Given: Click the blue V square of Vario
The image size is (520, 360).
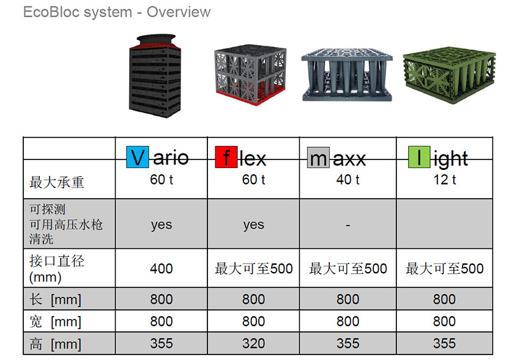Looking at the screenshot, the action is click(x=137, y=157).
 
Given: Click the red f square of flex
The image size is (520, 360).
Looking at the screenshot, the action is click(x=226, y=157).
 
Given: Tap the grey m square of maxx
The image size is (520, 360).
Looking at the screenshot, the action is click(x=318, y=158).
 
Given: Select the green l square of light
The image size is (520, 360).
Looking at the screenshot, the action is click(x=419, y=157).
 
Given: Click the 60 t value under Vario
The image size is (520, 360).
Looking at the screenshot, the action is click(x=162, y=180).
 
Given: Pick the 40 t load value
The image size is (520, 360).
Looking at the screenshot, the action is click(x=348, y=180).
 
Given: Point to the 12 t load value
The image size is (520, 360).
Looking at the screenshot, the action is click(x=445, y=180).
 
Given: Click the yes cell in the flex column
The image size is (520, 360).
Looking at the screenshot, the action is click(x=254, y=225).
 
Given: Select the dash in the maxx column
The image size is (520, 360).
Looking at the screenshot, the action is click(x=348, y=225).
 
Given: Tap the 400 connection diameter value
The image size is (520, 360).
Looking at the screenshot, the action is click(x=162, y=268).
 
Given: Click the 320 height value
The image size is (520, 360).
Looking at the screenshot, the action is click(x=254, y=343).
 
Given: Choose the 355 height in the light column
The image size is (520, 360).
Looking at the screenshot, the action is click(x=444, y=343).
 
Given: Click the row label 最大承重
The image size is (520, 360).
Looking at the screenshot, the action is click(x=57, y=183).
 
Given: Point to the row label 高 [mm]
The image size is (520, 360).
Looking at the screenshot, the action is click(x=56, y=344).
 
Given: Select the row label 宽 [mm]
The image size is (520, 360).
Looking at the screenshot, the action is click(x=56, y=321).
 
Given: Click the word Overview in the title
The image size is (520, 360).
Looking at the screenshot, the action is click(x=179, y=12).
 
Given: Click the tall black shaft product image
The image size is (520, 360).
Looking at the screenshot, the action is click(x=155, y=76).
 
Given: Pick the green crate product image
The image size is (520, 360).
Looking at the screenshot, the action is click(x=450, y=76).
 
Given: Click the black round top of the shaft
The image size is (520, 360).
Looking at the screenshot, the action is click(x=156, y=39).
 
